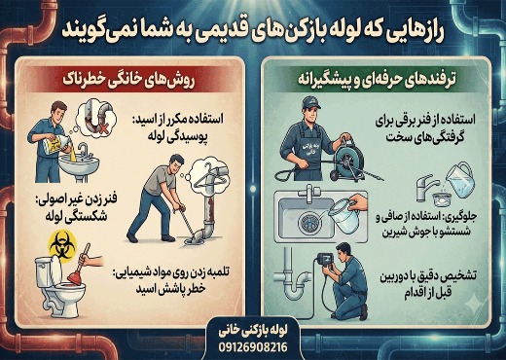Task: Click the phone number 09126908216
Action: pyautogui.click(x=253, y=347)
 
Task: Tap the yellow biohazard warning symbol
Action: pyautogui.click(x=61, y=242)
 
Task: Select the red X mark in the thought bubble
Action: pyautogui.click(x=103, y=129)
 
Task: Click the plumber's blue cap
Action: pyautogui.click(x=310, y=103)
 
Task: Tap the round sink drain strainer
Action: pyautogui.click(x=307, y=223)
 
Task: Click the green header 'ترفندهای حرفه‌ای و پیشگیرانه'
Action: pyautogui.click(x=377, y=80)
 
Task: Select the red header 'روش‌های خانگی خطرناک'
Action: pyautogui.click(x=128, y=80)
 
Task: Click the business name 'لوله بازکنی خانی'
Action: pyautogui.click(x=253, y=332)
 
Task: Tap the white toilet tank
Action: pyautogui.click(x=44, y=271)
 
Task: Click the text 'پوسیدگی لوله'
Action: pyautogui.click(x=178, y=136)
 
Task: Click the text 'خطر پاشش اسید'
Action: pyautogui.click(x=171, y=289)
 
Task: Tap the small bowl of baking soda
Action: pyautogui.click(x=442, y=198)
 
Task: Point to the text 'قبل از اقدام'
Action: pyautogui.click(x=427, y=293)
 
